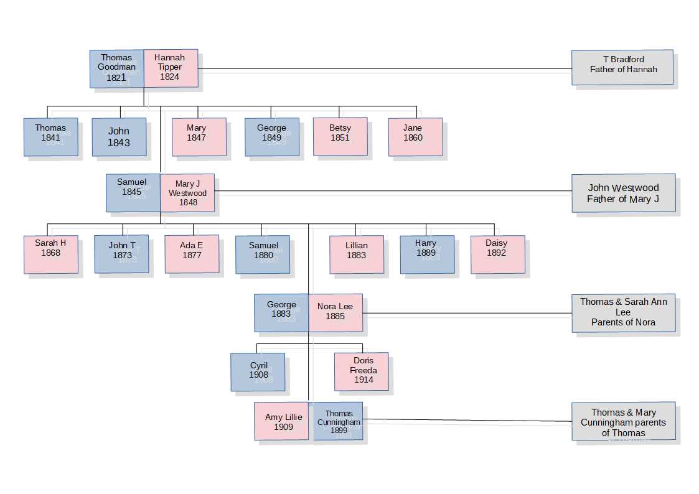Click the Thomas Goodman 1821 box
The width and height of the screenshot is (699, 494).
[x=117, y=68]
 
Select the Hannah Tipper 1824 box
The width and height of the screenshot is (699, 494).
[x=171, y=68]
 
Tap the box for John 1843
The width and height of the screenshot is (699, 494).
[x=119, y=137]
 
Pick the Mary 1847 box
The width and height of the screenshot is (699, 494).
[x=199, y=137]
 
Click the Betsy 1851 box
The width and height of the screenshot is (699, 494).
[x=340, y=137]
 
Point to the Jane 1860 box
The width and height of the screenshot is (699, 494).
[x=415, y=137]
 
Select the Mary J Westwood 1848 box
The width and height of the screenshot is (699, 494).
[x=187, y=193]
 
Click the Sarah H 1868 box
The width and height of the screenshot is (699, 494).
[x=51, y=254]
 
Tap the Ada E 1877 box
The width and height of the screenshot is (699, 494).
[x=192, y=254]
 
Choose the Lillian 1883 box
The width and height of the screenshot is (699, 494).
[x=357, y=254]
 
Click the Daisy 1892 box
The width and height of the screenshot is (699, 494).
[x=498, y=254]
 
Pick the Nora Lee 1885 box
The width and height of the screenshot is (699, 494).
[x=335, y=313]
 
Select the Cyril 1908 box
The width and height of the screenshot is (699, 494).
[x=258, y=372]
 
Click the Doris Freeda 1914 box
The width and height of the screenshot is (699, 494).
[x=362, y=371]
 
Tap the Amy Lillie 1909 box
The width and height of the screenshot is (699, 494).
[x=281, y=421]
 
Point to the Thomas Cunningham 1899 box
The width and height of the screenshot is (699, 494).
[x=338, y=421]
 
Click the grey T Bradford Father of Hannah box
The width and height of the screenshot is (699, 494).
[x=622, y=67]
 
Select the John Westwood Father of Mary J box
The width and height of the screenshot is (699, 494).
[x=624, y=193]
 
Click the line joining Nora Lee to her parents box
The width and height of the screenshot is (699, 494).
[x=467, y=313]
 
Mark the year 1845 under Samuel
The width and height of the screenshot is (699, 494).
[x=131, y=192]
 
